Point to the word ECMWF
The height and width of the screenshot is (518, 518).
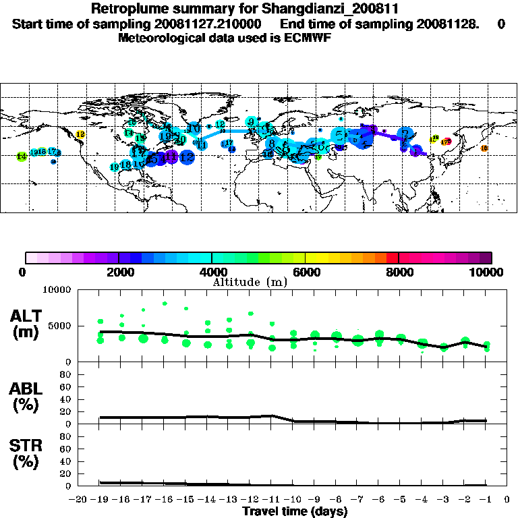[309, 38]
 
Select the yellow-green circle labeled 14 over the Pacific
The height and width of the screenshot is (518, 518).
[22, 156]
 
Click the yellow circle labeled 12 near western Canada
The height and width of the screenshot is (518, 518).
[80, 135]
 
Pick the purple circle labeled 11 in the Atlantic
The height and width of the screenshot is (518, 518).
[171, 157]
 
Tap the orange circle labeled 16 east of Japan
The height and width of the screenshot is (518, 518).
[484, 148]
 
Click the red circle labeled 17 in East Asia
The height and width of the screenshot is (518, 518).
[446, 142]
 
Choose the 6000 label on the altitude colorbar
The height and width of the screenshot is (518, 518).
[307, 272]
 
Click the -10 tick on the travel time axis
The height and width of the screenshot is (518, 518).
[293, 499]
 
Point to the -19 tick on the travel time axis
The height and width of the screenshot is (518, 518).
[100, 499]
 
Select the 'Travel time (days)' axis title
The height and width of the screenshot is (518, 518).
[295, 511]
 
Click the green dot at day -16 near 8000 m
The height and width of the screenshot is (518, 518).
[165, 304]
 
